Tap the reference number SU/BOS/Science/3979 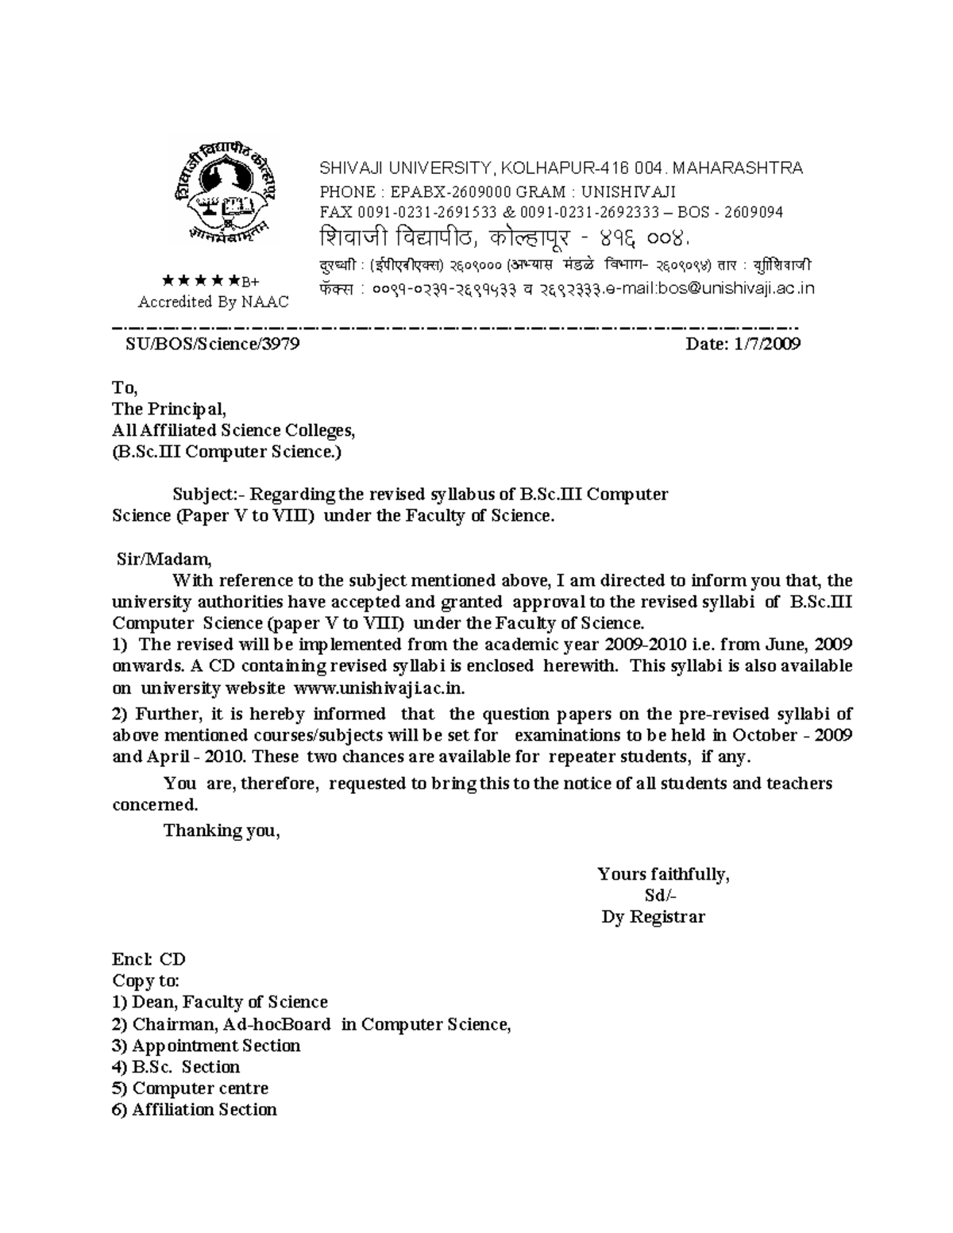pyautogui.click(x=213, y=344)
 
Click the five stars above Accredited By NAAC pyautogui.click(x=200, y=280)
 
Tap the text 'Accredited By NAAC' pyautogui.click(x=213, y=302)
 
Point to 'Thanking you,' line pyautogui.click(x=222, y=830)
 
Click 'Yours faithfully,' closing pyautogui.click(x=663, y=874)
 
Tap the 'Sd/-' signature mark pyautogui.click(x=661, y=896)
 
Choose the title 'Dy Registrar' pyautogui.click(x=653, y=917)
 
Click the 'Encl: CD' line pyautogui.click(x=149, y=959)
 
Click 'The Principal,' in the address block pyautogui.click(x=169, y=409)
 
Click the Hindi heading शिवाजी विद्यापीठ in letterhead pyautogui.click(x=398, y=237)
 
